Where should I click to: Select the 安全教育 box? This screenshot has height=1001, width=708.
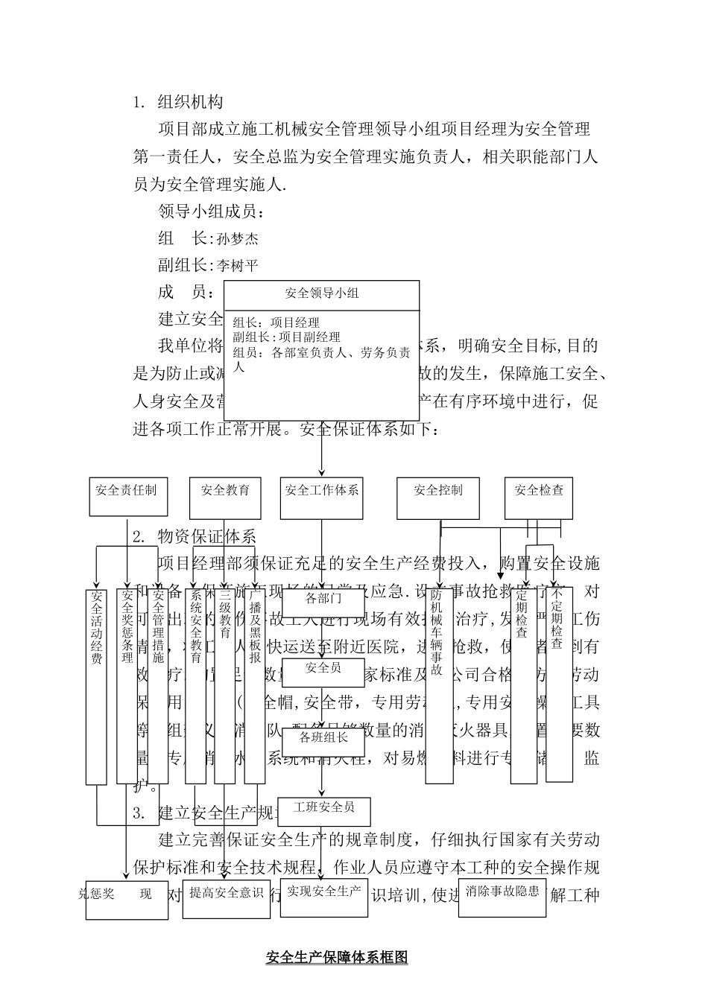[x=225, y=498]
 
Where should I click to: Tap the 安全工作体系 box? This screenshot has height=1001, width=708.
[x=321, y=498]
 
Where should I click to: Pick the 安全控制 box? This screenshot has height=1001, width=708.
[x=438, y=498]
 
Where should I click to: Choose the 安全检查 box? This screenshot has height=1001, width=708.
[x=539, y=498]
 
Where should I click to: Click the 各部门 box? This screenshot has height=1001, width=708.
[x=323, y=599]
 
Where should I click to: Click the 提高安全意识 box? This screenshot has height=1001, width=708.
[x=226, y=899]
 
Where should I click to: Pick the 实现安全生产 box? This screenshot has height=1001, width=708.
[x=324, y=898]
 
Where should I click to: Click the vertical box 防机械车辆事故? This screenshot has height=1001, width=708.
[x=439, y=685]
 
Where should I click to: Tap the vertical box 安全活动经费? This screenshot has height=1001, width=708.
[x=96, y=685]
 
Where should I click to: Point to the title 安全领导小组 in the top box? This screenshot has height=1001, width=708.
[x=322, y=293]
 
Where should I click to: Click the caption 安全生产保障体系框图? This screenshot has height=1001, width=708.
[x=337, y=958]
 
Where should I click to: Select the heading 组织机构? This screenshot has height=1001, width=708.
[x=190, y=101]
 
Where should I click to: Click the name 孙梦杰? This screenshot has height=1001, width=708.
[x=238, y=239]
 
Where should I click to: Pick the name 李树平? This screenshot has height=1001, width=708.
[x=238, y=266]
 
